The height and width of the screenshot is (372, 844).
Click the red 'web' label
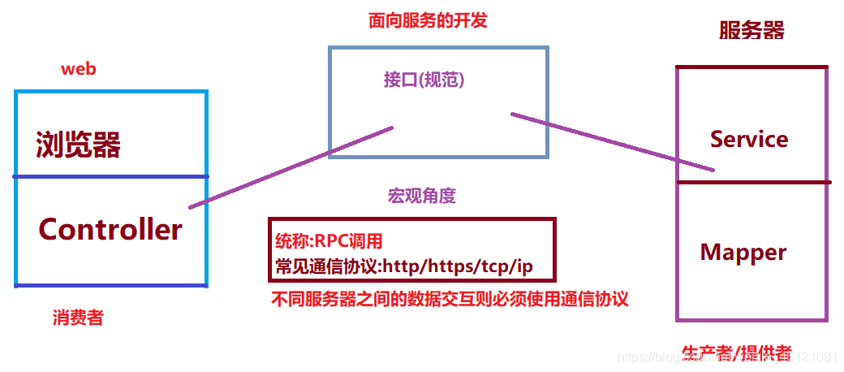point(78,69)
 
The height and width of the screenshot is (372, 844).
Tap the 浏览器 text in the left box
point(78,146)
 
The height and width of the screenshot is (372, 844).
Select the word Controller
point(110,230)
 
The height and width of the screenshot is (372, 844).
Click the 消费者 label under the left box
point(78,318)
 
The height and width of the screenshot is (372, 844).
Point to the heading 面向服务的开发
point(428,21)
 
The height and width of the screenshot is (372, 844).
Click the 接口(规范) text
point(424,80)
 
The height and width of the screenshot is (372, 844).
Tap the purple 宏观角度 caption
point(422,196)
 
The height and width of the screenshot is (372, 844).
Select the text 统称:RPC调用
point(329,241)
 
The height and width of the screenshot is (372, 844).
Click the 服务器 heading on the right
point(751,31)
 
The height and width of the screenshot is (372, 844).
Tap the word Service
point(749,140)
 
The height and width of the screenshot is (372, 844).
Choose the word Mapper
point(743,253)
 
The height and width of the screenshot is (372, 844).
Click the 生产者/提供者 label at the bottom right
point(736,353)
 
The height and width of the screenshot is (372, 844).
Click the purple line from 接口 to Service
point(613,142)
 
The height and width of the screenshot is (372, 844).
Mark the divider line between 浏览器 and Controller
point(111,176)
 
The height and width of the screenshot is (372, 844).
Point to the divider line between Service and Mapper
point(753,182)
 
